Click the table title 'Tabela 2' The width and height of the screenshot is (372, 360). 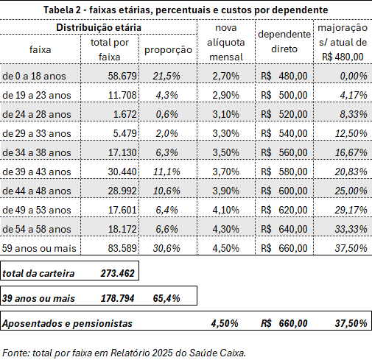coord(62,10)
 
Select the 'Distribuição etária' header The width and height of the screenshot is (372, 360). coord(99,27)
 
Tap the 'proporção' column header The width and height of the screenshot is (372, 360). coord(168,50)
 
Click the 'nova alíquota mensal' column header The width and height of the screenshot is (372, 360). coord(226,43)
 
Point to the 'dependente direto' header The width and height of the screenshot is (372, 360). coord(284,42)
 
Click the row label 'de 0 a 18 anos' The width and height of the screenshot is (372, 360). coord(34,76)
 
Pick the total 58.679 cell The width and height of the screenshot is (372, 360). coord(122,76)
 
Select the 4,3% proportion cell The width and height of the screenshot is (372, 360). coord(166,95)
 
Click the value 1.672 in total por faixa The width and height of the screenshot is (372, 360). coord(124,114)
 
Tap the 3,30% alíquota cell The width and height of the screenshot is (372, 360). coord(225,133)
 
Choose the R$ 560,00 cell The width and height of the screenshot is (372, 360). coord(284,152)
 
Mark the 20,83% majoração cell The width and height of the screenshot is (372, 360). coord(351,172)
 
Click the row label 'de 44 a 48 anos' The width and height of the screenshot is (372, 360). coord(37,191)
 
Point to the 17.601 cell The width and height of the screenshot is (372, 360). coord(122,210)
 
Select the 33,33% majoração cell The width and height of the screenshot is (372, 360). coord(351,229)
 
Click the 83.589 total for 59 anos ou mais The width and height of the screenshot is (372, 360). coord(122,248)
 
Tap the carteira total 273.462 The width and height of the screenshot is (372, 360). coord(117,273)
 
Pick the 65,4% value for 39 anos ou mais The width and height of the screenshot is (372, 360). coord(166,298)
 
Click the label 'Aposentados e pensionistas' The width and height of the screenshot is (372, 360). coord(67,323)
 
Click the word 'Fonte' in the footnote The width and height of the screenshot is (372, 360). coord(16,353)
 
